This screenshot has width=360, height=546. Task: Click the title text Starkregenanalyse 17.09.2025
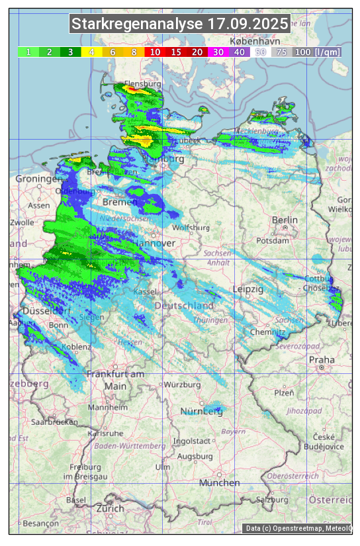click(180, 24)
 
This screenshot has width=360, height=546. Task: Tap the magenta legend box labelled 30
click(218, 52)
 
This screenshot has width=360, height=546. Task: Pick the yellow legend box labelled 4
click(91, 52)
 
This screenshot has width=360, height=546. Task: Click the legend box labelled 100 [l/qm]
click(317, 52)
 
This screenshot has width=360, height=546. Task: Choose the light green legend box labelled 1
click(28, 52)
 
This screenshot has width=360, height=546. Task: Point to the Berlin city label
click(285, 220)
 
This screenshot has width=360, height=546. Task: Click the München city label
click(219, 483)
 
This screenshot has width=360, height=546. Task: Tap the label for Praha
click(322, 359)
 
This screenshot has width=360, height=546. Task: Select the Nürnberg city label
click(202, 412)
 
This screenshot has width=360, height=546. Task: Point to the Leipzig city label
click(248, 289)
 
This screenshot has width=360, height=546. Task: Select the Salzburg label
click(273, 500)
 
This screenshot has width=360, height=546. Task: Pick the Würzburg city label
click(182, 385)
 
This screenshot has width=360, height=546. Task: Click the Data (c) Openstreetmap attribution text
click(298, 528)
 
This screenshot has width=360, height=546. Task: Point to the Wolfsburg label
click(190, 228)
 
